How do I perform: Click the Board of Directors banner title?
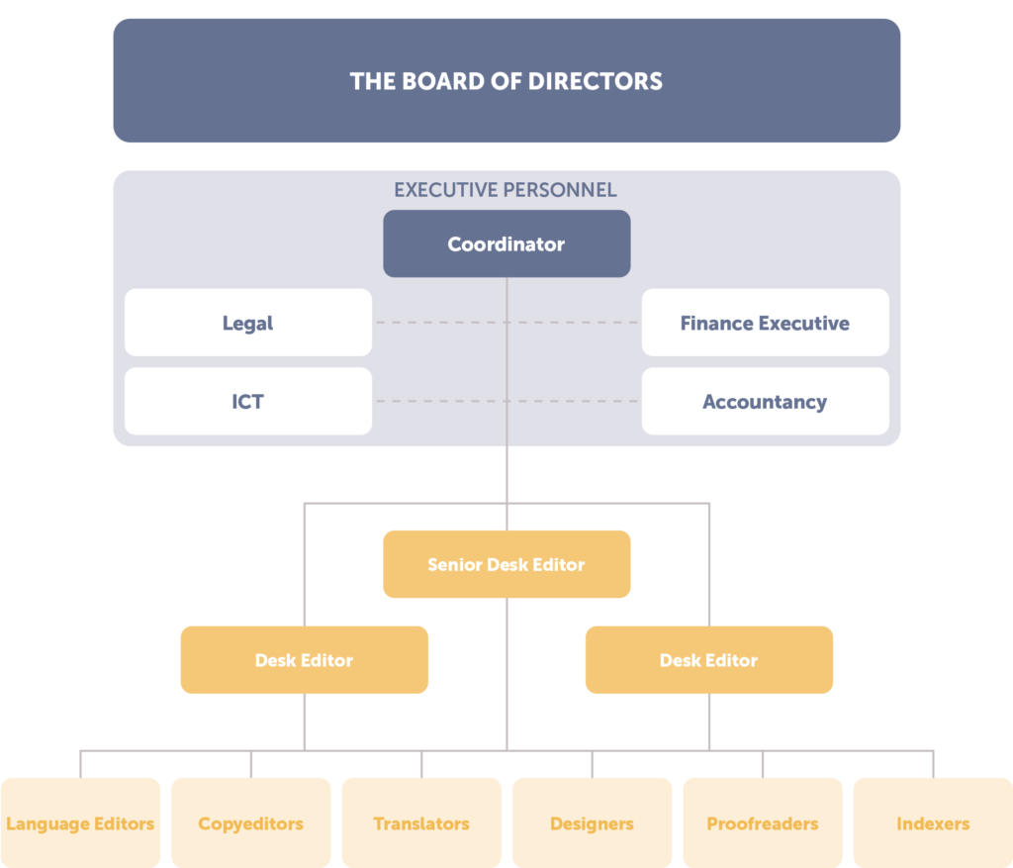click(506, 81)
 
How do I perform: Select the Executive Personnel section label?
click(506, 190)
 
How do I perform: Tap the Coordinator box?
click(506, 243)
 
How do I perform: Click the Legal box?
click(247, 323)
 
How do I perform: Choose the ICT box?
click(247, 402)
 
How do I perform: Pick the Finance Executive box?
click(765, 323)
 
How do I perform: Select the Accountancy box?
click(765, 402)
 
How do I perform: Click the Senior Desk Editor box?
click(506, 564)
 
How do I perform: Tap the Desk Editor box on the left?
click(304, 660)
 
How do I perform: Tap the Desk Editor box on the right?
click(708, 660)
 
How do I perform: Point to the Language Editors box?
click(80, 823)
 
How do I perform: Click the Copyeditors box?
click(250, 823)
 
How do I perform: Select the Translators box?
click(421, 823)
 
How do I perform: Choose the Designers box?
click(592, 823)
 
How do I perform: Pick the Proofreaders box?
click(762, 823)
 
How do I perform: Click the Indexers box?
click(933, 823)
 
